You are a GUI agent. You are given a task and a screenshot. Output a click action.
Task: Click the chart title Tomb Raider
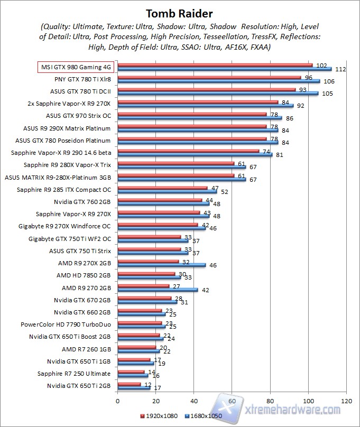click(x=180, y=13)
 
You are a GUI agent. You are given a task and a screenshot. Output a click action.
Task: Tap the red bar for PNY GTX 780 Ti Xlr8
click(x=209, y=78)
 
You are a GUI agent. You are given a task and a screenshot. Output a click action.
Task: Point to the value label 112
click(x=340, y=69)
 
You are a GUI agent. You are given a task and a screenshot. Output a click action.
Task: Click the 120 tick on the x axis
click(x=346, y=401)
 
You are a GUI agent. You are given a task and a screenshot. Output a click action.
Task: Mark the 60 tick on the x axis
click(x=232, y=401)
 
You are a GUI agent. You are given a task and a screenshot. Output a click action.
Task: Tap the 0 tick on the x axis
click(x=117, y=401)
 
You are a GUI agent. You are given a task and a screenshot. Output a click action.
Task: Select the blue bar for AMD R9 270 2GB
click(x=157, y=290)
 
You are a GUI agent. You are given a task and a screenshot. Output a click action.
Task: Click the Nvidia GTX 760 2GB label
click(x=82, y=201)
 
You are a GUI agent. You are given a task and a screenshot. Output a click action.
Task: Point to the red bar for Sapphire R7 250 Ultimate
click(x=130, y=372)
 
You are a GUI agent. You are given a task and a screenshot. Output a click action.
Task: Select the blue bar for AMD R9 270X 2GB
click(x=161, y=265)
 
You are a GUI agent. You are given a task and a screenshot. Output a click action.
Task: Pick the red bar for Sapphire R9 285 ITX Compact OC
click(x=162, y=188)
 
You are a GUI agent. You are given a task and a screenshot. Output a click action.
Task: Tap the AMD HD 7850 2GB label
click(x=84, y=275)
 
